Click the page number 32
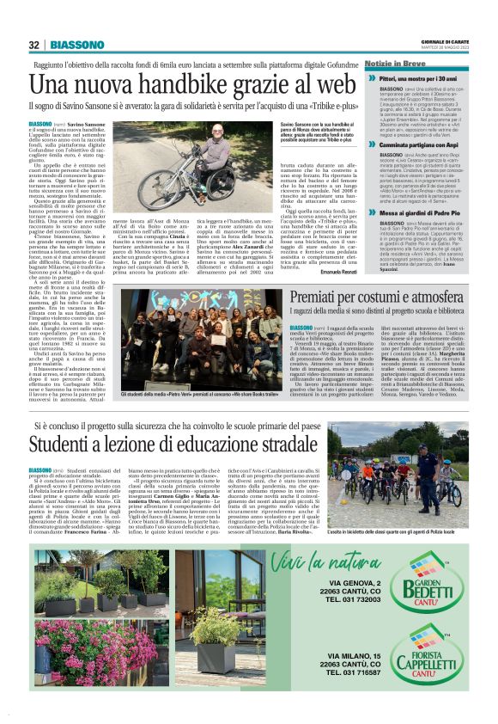click(34, 45)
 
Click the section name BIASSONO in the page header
click(77, 45)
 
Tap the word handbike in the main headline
click(173, 84)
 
